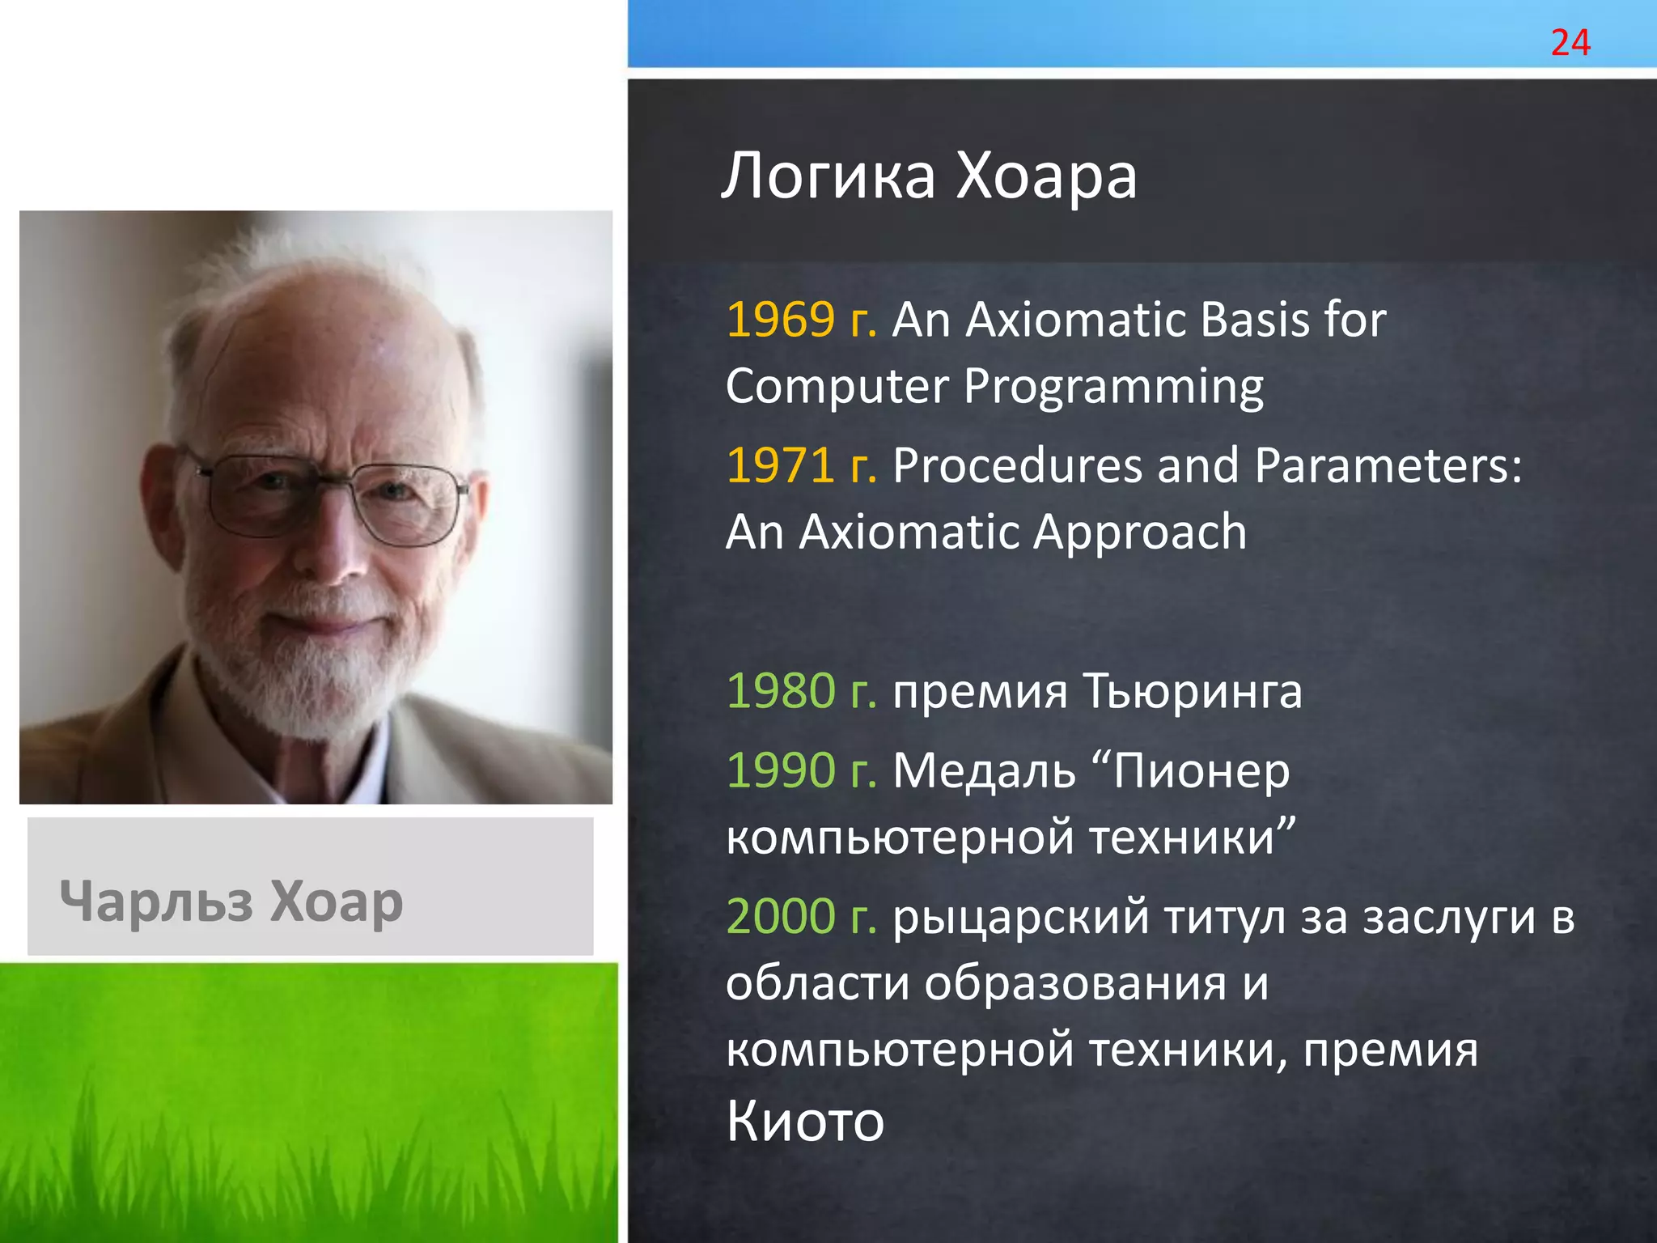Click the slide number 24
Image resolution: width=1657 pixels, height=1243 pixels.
pos(1570,42)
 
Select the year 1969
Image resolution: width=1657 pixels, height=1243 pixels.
pos(780,320)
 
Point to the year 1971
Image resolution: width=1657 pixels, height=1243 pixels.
pos(780,466)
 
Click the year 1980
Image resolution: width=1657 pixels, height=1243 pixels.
pos(780,691)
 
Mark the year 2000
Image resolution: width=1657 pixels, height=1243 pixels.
pos(780,916)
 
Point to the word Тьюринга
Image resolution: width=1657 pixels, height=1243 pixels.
pos(1192,693)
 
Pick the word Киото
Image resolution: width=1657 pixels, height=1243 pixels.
pos(804,1121)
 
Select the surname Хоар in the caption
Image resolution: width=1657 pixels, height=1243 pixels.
pos(336,901)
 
